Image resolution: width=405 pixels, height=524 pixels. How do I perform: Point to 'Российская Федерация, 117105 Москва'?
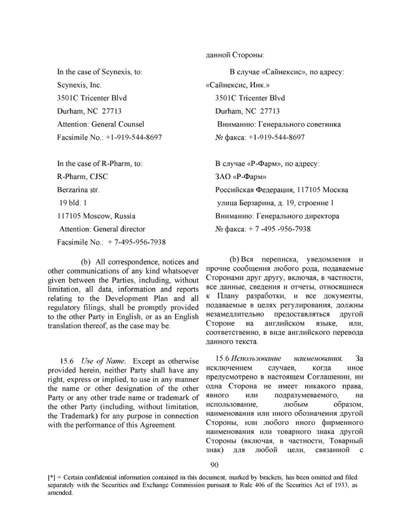pyautogui.click(x=281, y=189)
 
